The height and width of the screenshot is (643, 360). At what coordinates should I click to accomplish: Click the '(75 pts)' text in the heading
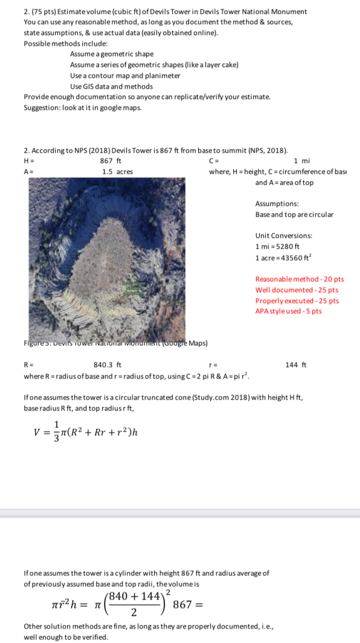click(x=43, y=11)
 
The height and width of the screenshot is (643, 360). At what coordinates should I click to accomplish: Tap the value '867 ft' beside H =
click(x=110, y=161)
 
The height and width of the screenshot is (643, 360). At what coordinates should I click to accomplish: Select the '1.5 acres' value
click(x=117, y=171)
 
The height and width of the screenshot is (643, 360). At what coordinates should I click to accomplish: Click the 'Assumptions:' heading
click(x=276, y=204)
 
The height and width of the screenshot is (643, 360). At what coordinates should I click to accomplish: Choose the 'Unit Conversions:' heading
click(x=283, y=235)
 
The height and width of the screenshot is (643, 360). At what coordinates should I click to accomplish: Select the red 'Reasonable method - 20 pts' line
click(x=300, y=279)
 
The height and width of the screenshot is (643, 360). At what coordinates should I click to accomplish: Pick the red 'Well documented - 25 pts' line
click(x=297, y=290)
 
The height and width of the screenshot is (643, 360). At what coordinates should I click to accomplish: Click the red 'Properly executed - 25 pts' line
click(x=297, y=301)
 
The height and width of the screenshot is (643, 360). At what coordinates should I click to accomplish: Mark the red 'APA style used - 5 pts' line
click(x=289, y=312)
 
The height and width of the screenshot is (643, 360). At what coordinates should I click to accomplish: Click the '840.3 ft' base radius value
click(x=108, y=365)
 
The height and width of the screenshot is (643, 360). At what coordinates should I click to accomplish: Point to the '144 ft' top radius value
click(x=300, y=365)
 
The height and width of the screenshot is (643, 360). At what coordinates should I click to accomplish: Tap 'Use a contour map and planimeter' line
click(x=124, y=75)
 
